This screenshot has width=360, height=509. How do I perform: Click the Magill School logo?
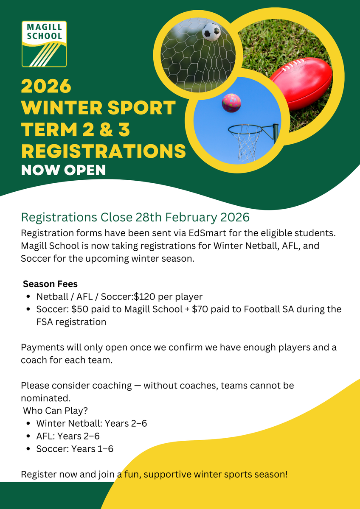tap(44, 44)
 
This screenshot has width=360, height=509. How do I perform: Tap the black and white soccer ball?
tap(211, 32)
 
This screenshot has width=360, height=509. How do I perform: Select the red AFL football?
tap(301, 84)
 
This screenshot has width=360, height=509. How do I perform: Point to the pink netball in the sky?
tap(231, 103)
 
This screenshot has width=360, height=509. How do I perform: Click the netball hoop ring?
tap(245, 130)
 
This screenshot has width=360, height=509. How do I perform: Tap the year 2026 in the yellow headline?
tap(46, 86)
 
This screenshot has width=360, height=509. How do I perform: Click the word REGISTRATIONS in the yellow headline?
tap(104, 151)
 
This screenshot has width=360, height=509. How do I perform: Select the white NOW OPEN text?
tap(63, 170)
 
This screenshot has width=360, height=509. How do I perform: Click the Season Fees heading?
tap(50, 284)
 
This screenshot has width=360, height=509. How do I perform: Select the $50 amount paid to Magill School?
tap(79, 309)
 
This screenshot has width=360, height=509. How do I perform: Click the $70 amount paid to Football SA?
tap(200, 309)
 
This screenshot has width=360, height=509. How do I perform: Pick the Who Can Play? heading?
tap(55, 411)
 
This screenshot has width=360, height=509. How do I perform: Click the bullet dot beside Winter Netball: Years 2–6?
tap(28, 423)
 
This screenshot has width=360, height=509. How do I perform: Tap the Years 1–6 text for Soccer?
tap(92, 449)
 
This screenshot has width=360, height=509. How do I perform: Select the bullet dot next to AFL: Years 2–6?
tap(28, 436)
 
